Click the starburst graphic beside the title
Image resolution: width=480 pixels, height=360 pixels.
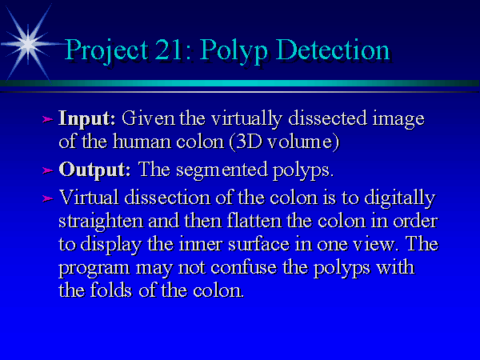[x=28, y=44]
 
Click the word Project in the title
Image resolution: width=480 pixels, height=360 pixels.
[x=107, y=50]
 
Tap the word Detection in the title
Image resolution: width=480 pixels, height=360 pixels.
[x=333, y=50]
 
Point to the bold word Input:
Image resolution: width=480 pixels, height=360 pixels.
[x=87, y=118]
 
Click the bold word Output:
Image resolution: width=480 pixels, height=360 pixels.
[x=94, y=170]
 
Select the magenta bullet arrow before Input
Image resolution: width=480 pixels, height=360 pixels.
[x=47, y=119]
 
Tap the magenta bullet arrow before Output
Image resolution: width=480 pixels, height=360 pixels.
[x=47, y=170]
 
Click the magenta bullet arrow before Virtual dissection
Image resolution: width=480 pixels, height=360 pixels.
[x=47, y=198]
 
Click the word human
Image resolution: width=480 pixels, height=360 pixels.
[x=142, y=142]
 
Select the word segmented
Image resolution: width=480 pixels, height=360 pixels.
[x=222, y=170]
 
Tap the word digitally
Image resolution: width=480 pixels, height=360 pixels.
[x=400, y=198]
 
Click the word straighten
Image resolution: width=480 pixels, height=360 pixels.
[x=101, y=222]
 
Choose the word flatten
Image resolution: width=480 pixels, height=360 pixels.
[x=254, y=221]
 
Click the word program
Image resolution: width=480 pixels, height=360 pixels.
[x=94, y=269]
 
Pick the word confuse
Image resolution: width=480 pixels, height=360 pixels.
[x=244, y=267]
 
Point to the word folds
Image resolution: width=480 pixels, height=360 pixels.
[x=111, y=290]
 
